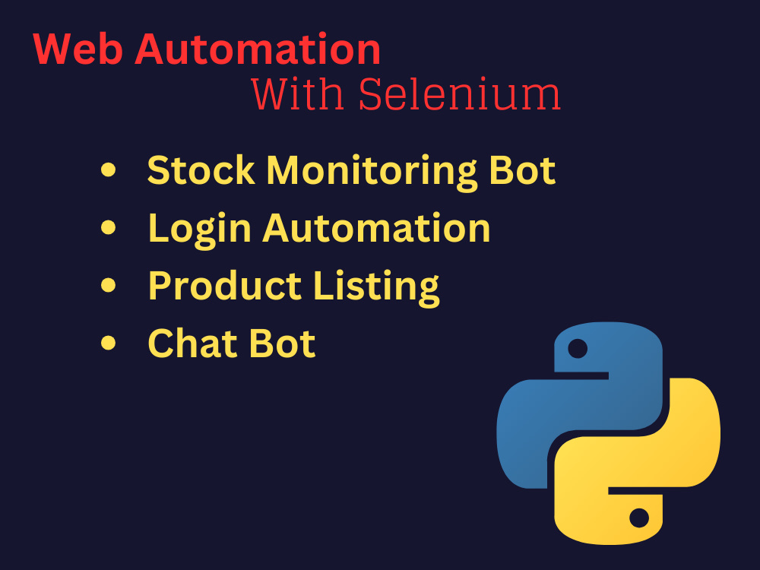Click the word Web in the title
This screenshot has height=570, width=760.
coord(78,49)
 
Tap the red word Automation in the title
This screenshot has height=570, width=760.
coord(258,49)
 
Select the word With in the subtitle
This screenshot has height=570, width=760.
coord(298,93)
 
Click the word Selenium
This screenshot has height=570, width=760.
coord(460,93)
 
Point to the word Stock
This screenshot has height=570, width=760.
coord(201,170)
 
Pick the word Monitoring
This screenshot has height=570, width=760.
coord(372,173)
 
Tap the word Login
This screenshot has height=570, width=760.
coord(200,230)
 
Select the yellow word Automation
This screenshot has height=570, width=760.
coord(377,228)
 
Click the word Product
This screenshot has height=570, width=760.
coord(226,286)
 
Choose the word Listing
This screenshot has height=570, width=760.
coord(377,288)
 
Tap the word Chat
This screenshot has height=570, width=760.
coord(192,344)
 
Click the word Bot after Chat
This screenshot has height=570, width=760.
coord(282,344)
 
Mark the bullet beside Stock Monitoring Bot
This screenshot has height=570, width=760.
coord(109,169)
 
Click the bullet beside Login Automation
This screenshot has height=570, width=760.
coord(109,227)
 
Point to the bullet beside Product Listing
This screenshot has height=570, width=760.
coord(109,285)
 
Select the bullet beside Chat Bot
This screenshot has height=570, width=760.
coord(109,343)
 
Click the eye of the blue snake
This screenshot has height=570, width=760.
coord(578,349)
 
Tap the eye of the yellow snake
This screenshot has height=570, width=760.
coord(639,518)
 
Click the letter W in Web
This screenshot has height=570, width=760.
coord(53,49)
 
